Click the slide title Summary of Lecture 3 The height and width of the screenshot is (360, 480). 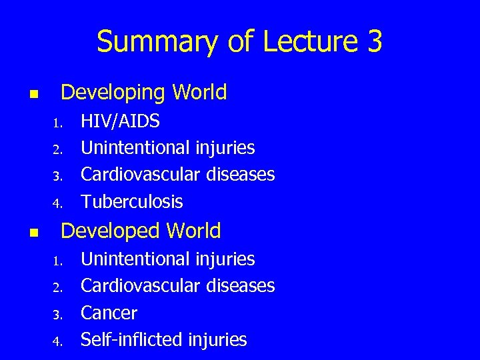tap(239, 42)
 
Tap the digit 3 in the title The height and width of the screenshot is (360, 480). tap(374, 41)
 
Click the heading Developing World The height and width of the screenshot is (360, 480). tap(143, 92)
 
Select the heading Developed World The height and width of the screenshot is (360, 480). tap(141, 231)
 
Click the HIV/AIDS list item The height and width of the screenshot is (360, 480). tap(120, 121)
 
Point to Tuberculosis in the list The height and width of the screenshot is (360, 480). tap(131, 201)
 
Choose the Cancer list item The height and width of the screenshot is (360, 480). tap(109, 313)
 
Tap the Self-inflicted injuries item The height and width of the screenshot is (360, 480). tap(163, 340)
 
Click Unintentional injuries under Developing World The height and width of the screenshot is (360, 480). tap(167, 147)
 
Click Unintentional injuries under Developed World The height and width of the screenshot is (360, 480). tap(167, 259)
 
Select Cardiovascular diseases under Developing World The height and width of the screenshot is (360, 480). tap(177, 175)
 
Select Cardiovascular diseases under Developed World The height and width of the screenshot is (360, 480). tap(177, 286)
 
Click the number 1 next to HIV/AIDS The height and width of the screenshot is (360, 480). tap(58, 123)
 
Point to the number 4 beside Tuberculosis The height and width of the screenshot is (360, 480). tap(58, 203)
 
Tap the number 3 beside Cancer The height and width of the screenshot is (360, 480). tap(58, 314)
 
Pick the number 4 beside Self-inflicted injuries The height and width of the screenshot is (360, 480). tap(58, 341)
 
